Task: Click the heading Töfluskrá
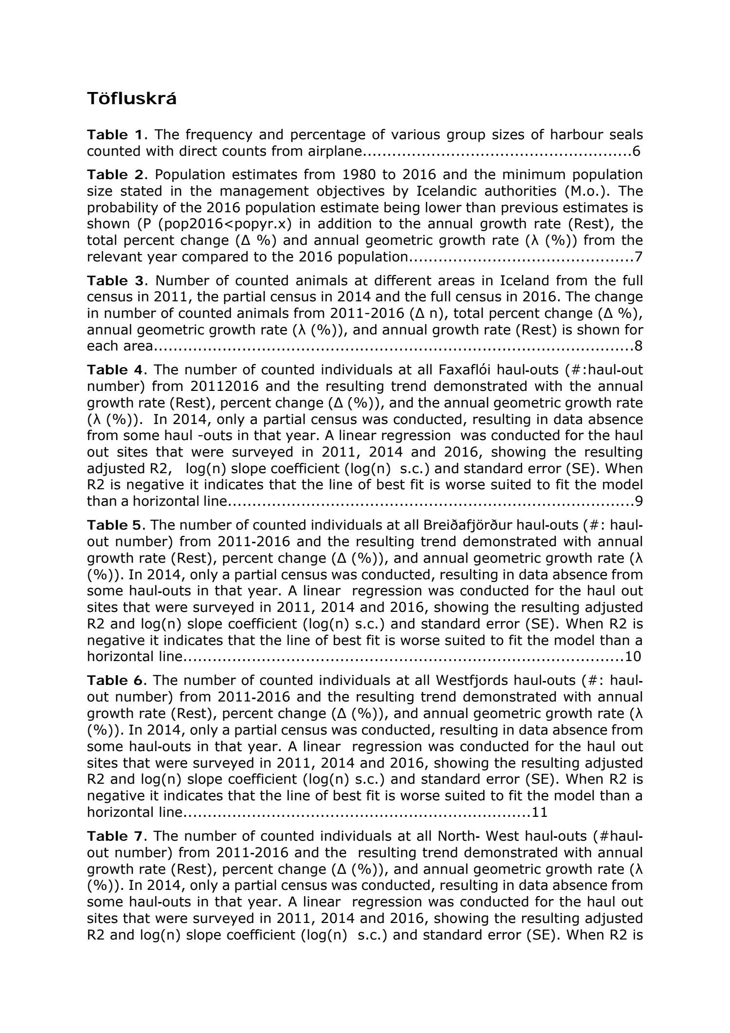coord(132,99)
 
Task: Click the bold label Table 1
coord(115,134)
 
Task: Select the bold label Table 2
coord(115,174)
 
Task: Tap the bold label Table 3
coord(115,280)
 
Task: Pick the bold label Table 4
coord(115,370)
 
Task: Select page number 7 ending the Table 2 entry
coord(638,257)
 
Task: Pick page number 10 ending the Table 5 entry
coord(633,656)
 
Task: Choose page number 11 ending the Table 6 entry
coord(540,812)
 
